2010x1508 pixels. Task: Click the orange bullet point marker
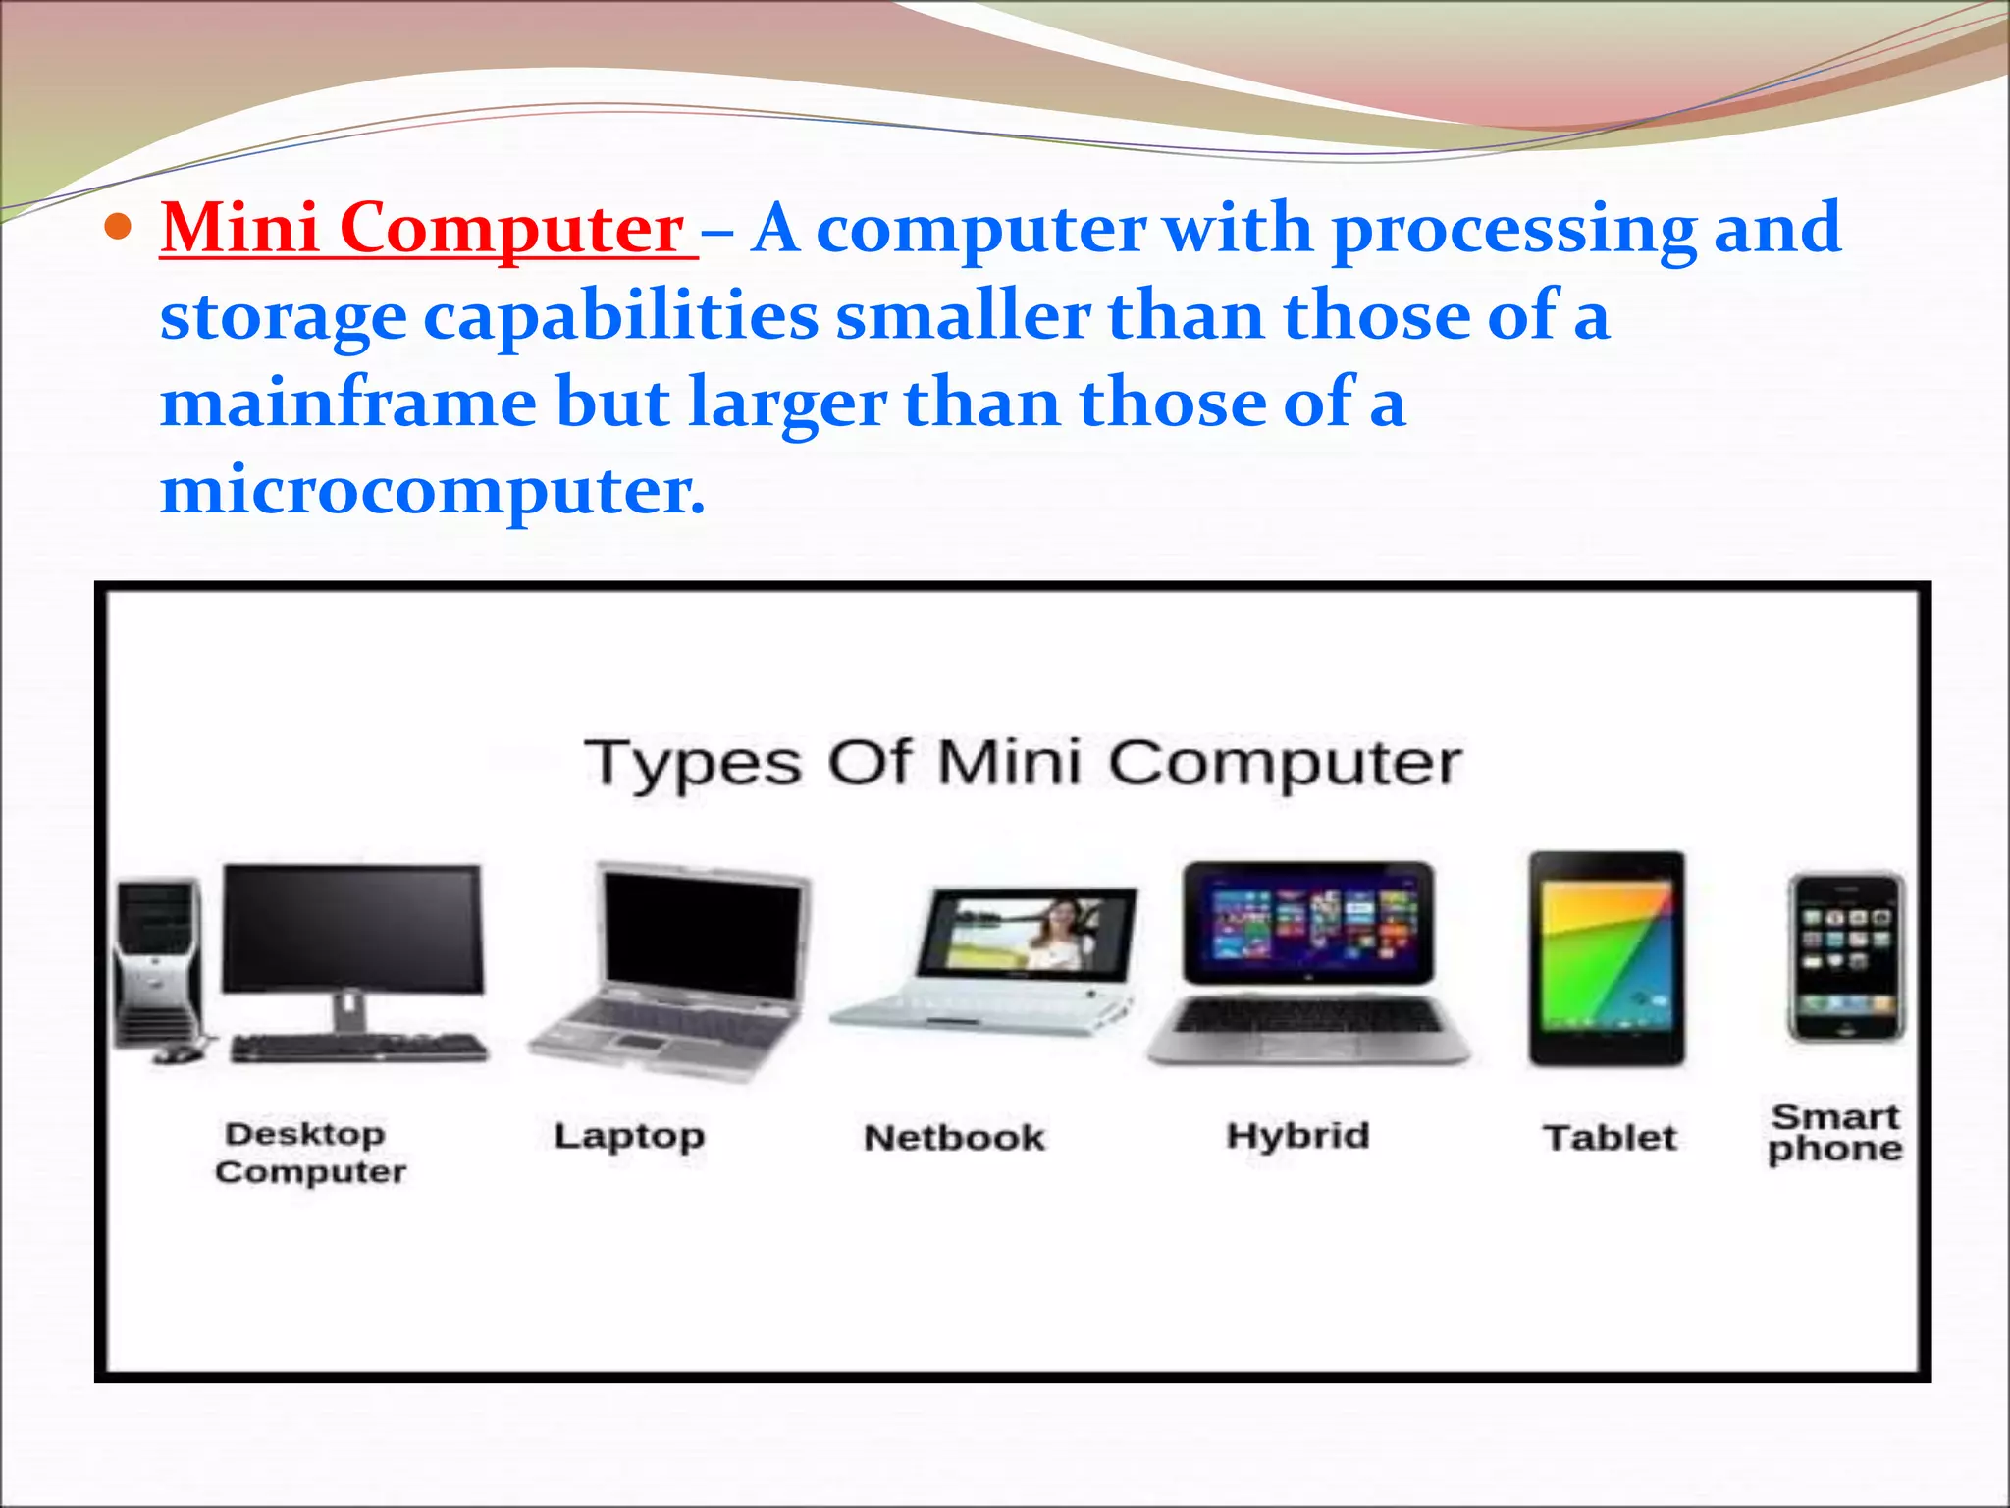pos(117,229)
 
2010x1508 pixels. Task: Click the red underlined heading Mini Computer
pos(425,229)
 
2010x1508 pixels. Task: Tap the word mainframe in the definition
pos(348,404)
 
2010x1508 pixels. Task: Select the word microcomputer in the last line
pos(432,491)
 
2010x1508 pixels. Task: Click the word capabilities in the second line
pos(620,317)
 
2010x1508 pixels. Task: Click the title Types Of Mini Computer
pos(1023,764)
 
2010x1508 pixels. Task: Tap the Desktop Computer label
pos(309,1153)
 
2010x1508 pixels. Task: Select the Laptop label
pos(629,1136)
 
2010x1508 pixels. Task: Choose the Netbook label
pos(954,1138)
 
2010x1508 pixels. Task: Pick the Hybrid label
pos(1297,1135)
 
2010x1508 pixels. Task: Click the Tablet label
pos(1610,1138)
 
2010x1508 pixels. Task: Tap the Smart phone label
pos(1834,1132)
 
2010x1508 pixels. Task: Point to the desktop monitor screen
pos(352,928)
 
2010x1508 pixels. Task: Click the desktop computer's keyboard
pos(358,1049)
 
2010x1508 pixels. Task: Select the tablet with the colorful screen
pos(1607,958)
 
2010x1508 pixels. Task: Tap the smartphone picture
pos(1845,957)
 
